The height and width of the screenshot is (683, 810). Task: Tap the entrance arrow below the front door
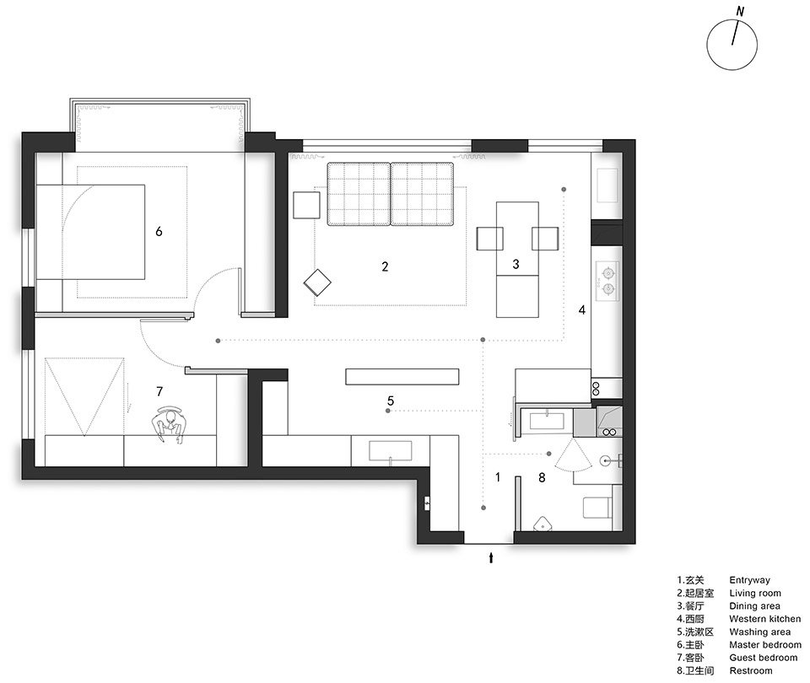point(491,557)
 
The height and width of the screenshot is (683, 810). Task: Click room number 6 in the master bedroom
point(159,231)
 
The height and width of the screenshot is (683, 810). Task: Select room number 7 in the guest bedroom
point(159,392)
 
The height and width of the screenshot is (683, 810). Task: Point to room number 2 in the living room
point(385,266)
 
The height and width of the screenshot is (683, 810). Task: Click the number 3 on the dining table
point(516,264)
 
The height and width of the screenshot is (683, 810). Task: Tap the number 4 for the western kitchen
point(582,309)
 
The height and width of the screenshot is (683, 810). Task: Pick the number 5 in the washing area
point(391,401)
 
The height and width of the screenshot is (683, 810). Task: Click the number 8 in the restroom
point(542,477)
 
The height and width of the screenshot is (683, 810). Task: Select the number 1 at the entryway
point(498,477)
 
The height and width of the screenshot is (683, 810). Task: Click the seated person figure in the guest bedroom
point(170,424)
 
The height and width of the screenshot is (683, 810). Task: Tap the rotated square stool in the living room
point(317,283)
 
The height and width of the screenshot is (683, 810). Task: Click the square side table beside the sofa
point(307,205)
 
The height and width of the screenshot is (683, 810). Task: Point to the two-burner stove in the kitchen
point(607,281)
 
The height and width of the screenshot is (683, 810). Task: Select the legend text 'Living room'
point(754,593)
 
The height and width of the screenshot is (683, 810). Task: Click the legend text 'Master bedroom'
point(765,645)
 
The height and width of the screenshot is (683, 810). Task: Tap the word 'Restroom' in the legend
point(751,670)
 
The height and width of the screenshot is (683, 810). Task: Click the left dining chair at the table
point(489,239)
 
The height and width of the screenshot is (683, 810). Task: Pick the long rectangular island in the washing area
point(402,376)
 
